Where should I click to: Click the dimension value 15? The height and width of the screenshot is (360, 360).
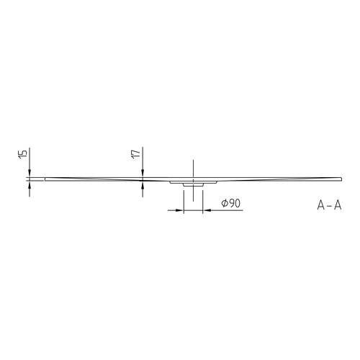tap(23, 154)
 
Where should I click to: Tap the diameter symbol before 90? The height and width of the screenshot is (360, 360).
tap(225, 204)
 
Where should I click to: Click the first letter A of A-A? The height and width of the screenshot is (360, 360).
tap(320, 204)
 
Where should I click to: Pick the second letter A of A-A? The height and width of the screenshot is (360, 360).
tap(337, 204)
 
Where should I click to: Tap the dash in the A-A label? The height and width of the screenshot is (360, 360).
tap(329, 205)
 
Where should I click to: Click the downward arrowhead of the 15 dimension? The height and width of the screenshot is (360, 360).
tap(30, 173)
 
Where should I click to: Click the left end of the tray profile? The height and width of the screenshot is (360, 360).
tap(45, 178)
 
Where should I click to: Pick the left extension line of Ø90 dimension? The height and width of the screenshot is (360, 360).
tap(183, 200)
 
